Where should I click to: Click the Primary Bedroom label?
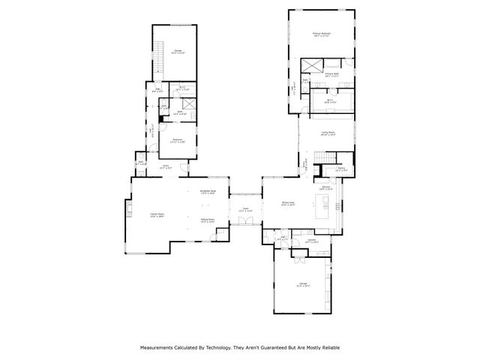coord(321,34)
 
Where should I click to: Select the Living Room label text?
coord(327,133)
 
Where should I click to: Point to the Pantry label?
coord(341,169)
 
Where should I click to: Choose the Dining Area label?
coord(289,202)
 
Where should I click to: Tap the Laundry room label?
coord(311,241)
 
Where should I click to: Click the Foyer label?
coord(245,210)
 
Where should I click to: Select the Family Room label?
coord(155,214)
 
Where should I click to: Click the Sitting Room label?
coord(208,220)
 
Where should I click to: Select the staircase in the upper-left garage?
coord(159,56)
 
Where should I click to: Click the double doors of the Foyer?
coord(245,229)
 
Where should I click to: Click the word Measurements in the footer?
coord(158,347)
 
